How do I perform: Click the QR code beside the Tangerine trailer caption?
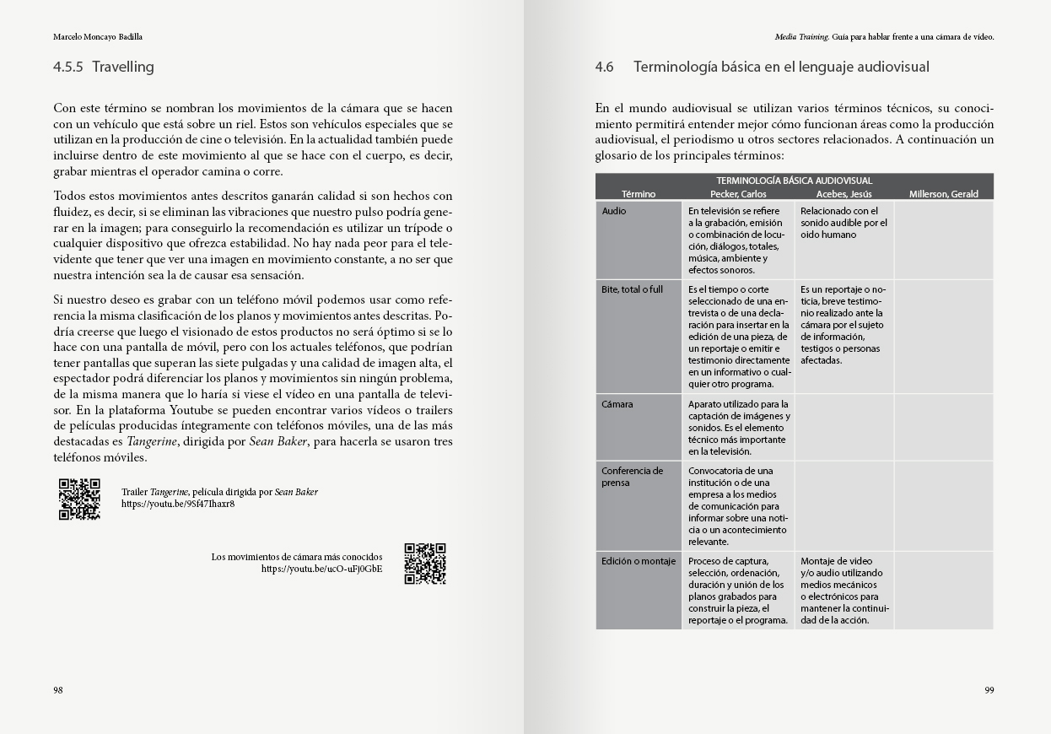[79, 499]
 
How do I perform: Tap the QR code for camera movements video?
[425, 564]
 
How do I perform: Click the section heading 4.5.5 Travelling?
[104, 67]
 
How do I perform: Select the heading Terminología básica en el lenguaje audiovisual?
[780, 67]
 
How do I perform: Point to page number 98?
[58, 690]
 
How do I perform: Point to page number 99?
[989, 690]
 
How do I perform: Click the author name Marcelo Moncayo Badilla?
[98, 37]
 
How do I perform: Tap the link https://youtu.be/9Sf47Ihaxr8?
[178, 504]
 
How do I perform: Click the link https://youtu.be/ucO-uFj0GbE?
[321, 569]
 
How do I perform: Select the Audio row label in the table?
[614, 211]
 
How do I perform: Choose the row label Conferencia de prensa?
[633, 477]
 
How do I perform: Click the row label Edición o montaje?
[639, 561]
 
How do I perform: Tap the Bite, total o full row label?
[633, 289]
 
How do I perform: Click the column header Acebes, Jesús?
[843, 194]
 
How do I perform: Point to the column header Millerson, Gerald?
[943, 194]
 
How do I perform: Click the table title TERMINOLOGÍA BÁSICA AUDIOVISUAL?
[794, 181]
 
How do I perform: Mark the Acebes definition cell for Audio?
[843, 223]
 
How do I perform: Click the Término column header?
[639, 194]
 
